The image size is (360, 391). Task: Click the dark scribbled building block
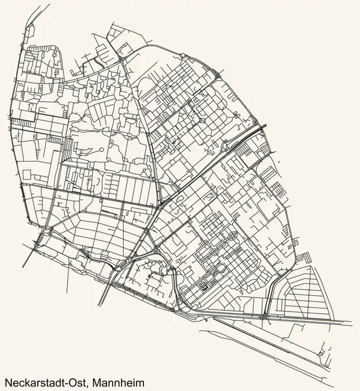coord(202,285)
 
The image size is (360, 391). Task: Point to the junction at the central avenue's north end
coord(122,59)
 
